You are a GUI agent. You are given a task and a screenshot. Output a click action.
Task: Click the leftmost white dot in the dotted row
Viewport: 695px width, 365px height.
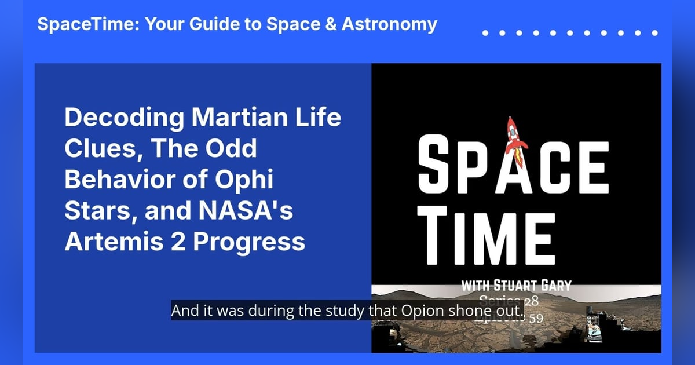tap(485, 33)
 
